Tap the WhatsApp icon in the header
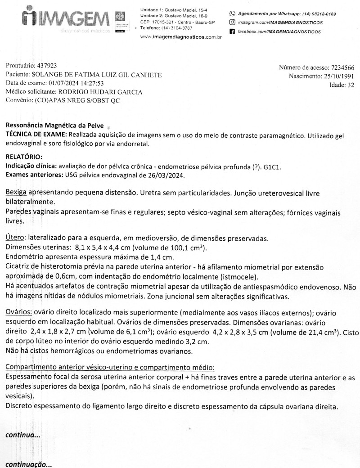232,14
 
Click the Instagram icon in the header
232,22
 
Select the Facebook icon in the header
232,32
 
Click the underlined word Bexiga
16,192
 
